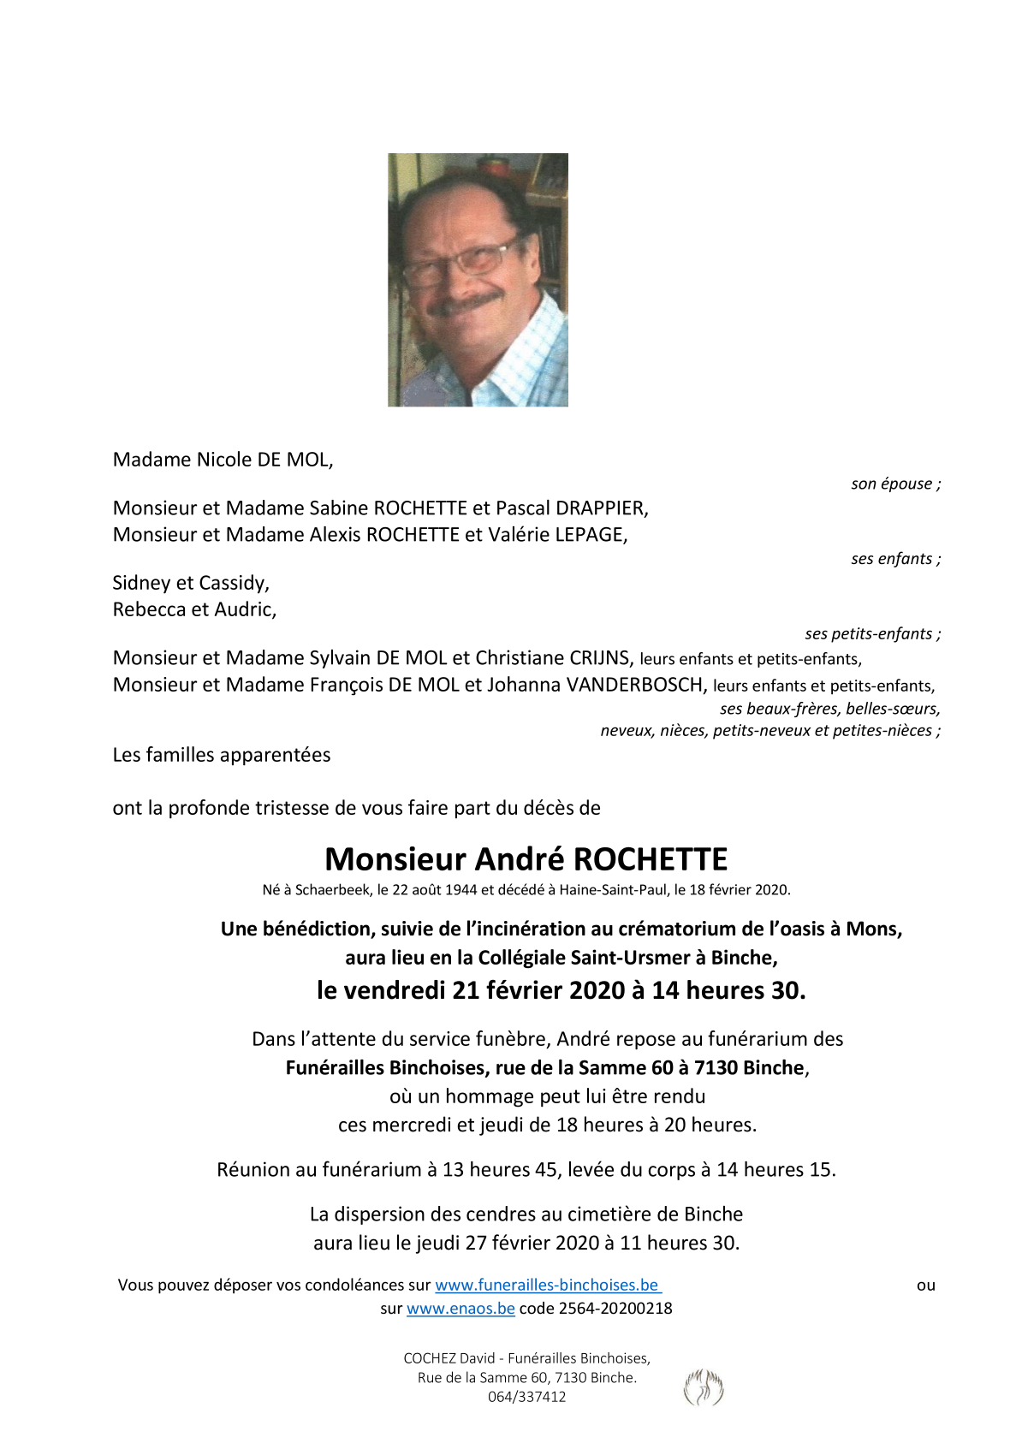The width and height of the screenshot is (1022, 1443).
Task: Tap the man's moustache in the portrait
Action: [468, 303]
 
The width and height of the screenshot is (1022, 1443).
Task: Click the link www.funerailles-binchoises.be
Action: [547, 1285]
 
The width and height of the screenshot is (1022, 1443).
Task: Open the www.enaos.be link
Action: [460, 1308]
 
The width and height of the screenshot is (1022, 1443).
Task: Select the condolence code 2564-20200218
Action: [615, 1308]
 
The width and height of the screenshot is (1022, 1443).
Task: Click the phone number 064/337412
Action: [526, 1397]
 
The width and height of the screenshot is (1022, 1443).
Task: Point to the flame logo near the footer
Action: [704, 1387]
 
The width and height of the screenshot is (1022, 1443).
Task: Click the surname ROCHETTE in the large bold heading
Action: [650, 859]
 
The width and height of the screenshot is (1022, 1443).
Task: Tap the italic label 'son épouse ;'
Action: [895, 484]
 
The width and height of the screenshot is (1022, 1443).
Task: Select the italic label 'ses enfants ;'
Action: [895, 559]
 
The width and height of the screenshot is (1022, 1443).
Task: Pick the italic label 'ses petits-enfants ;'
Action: [872, 634]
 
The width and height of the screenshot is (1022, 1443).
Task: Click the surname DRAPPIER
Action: [601, 508]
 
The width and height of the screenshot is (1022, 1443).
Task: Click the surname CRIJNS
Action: [596, 658]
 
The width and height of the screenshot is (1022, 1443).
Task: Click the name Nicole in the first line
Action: [224, 460]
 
